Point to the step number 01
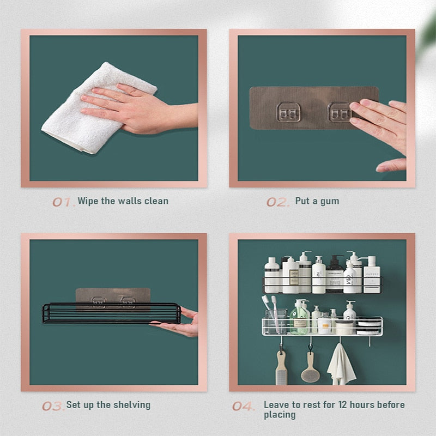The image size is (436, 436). [62, 202]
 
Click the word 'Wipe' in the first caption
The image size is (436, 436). [89, 201]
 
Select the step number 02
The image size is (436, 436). [277, 202]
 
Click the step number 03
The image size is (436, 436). [52, 406]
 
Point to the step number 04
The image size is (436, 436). [243, 406]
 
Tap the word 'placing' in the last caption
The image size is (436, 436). [280, 415]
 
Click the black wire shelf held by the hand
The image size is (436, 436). [111, 313]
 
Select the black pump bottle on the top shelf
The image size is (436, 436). [335, 275]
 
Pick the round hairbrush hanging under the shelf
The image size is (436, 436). [309, 368]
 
